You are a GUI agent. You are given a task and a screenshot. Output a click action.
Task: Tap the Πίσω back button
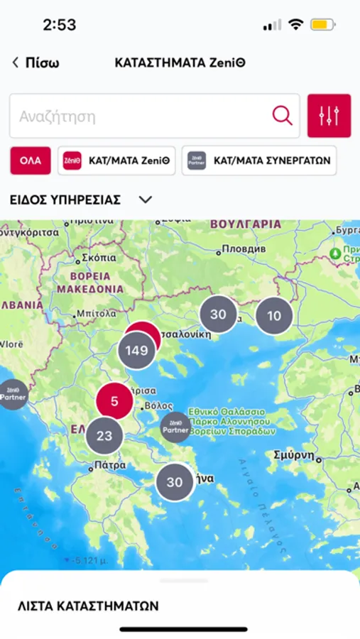pos(36,62)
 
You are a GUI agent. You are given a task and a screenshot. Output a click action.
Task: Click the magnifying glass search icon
pos(283,116)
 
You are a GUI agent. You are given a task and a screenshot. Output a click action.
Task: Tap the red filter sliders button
pos(329,116)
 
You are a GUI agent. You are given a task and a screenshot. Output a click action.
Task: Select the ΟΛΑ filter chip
pos(31,160)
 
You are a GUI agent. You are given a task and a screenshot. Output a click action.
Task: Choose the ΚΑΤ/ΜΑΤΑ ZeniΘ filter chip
pos(116,160)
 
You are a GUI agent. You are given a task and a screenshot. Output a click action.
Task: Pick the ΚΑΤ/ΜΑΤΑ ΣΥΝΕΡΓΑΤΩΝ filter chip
pos(259,160)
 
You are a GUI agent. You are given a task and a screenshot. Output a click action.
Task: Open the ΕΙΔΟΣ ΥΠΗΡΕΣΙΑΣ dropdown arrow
pos(146,200)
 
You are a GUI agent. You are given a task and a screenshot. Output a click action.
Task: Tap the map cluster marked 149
pos(136,350)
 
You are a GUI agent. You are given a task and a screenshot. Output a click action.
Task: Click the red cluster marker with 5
pos(114,401)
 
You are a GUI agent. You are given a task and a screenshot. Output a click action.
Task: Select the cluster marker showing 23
pos(104,436)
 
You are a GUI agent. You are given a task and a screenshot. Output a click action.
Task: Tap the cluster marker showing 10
pos(273,316)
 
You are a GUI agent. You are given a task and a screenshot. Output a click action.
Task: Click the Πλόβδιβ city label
pos(243,249)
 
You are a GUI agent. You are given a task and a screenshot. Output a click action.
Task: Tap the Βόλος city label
pos(157,405)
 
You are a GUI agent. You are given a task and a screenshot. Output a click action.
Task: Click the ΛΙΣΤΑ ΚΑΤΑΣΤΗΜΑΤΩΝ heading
pos(88,606)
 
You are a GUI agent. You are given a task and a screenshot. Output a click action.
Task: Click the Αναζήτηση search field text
pos(58,116)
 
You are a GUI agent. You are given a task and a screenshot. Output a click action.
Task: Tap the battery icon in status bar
pos(322,25)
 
